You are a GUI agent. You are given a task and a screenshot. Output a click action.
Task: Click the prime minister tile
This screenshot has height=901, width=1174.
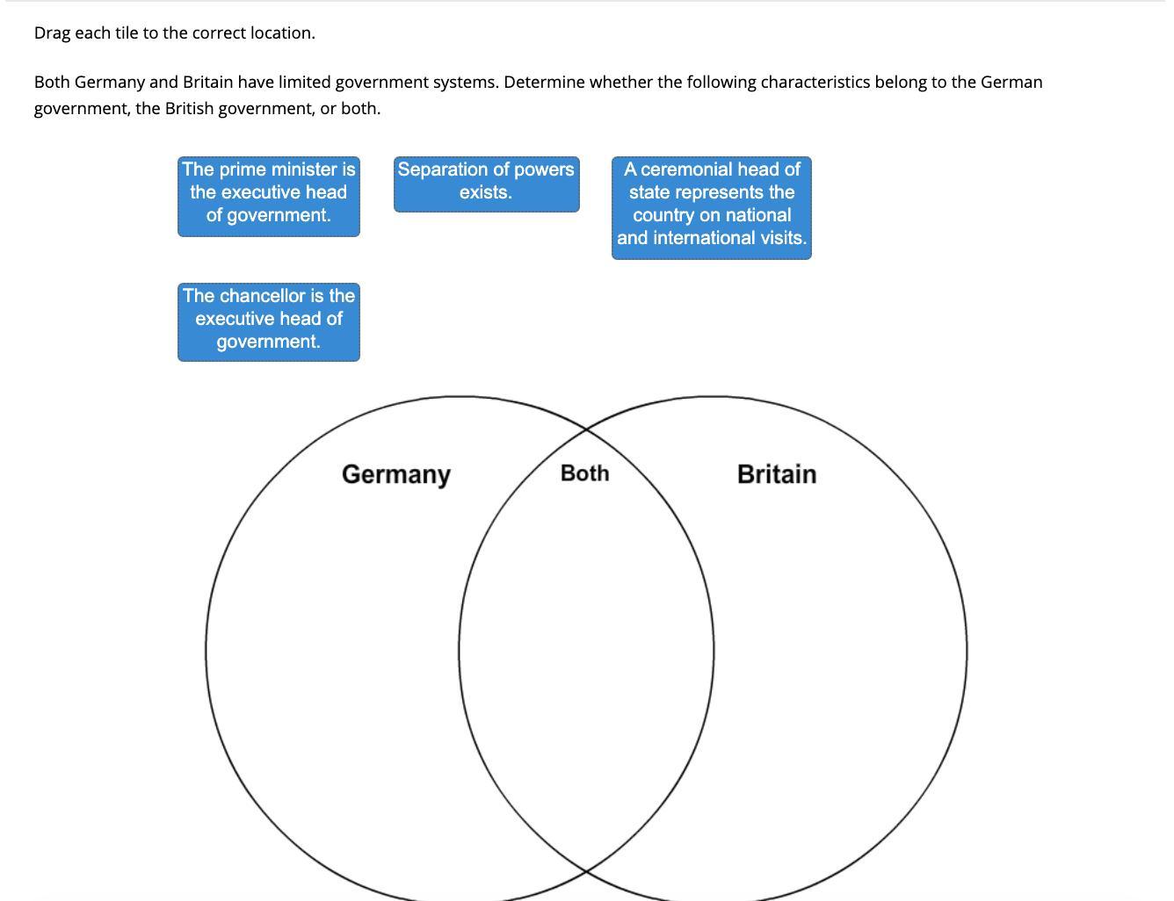[269, 197]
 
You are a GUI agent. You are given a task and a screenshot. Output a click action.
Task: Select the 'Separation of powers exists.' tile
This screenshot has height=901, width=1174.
[486, 184]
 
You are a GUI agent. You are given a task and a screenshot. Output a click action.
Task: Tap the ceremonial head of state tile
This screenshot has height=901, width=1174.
[712, 207]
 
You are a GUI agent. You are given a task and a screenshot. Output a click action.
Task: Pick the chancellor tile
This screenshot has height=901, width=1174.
[269, 321]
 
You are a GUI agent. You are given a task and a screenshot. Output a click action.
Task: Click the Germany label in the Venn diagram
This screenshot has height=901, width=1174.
[395, 474]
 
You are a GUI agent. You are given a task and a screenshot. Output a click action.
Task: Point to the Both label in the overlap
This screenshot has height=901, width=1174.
[584, 473]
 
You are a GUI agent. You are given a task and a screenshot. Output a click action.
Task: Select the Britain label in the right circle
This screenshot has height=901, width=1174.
[777, 474]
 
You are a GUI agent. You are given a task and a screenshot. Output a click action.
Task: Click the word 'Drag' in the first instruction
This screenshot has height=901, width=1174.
[52, 33]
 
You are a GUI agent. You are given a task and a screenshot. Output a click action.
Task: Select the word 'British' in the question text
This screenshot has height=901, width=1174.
[189, 109]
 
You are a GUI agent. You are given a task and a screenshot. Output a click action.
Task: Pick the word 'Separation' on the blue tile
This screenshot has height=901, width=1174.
[441, 169]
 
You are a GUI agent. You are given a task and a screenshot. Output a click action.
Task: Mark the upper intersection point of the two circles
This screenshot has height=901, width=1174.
[586, 429]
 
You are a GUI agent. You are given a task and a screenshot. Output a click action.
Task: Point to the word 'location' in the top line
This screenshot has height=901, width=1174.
[280, 33]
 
